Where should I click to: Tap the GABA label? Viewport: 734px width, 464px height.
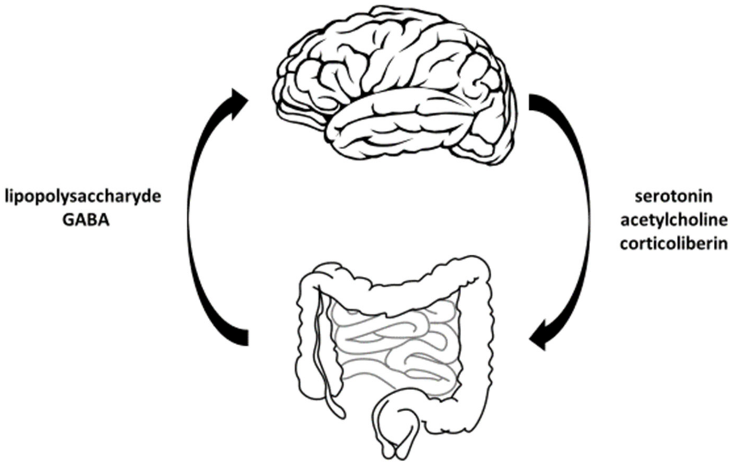[86, 221]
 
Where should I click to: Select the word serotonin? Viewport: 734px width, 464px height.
[674, 197]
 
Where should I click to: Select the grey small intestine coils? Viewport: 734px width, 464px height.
[396, 345]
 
